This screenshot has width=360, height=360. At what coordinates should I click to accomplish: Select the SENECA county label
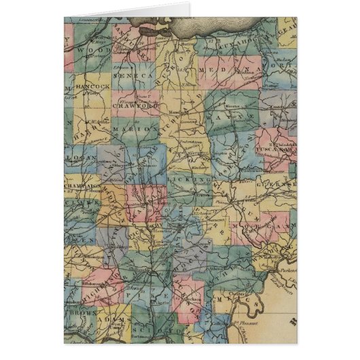pyautogui.click(x=135, y=77)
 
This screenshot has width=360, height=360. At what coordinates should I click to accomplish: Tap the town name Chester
pyautogui.click(x=238, y=293)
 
